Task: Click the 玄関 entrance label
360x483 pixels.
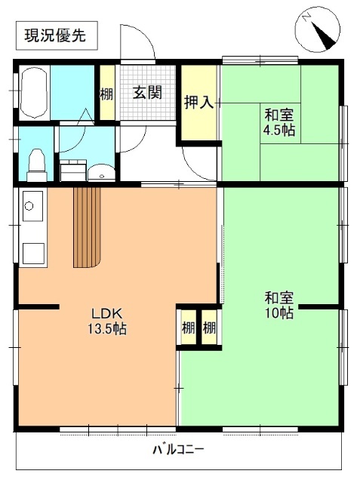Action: point(148,94)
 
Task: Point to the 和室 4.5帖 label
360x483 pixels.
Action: point(278,122)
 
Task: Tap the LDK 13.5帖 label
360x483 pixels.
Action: point(109,321)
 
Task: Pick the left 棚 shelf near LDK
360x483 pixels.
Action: point(187,328)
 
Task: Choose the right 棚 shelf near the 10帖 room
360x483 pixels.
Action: point(209,328)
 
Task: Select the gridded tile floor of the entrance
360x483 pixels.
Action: point(148,110)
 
